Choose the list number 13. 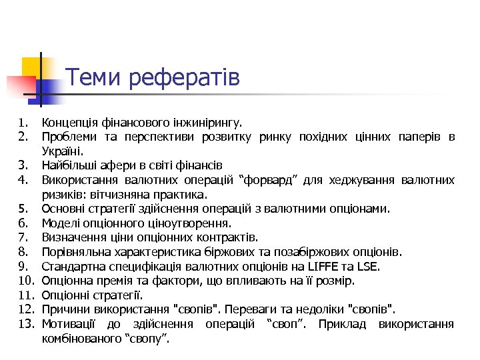tap(26, 324)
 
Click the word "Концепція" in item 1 tap(70, 123)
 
